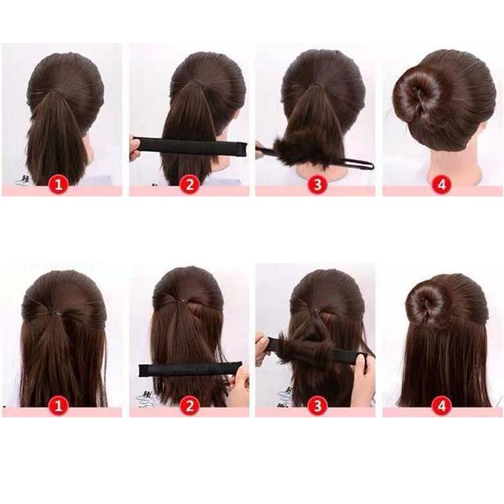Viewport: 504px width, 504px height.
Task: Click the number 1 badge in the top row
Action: tap(58, 185)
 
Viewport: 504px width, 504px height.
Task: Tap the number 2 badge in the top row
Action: tap(189, 185)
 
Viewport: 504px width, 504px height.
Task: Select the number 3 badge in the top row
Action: tap(317, 185)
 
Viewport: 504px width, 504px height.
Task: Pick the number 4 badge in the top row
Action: tap(442, 185)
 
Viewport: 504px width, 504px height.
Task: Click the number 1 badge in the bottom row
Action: tap(58, 406)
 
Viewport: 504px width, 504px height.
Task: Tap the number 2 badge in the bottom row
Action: tap(189, 406)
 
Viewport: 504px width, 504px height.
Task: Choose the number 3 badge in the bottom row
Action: tap(317, 406)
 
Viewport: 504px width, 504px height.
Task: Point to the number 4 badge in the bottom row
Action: tap(442, 406)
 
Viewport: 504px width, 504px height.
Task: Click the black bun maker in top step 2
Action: tap(190, 147)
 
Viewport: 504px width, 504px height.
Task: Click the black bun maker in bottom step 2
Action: tap(190, 369)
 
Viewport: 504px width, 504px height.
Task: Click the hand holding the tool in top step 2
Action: tap(134, 148)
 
